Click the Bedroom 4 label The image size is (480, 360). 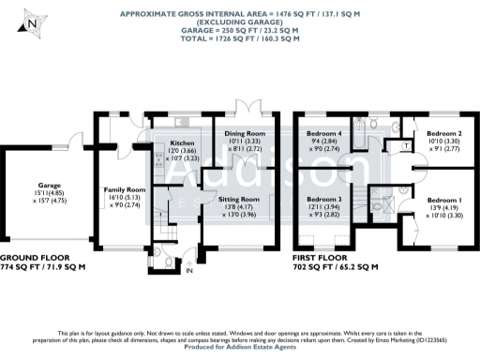(x=324, y=134)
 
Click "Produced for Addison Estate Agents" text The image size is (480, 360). (x=239, y=349)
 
